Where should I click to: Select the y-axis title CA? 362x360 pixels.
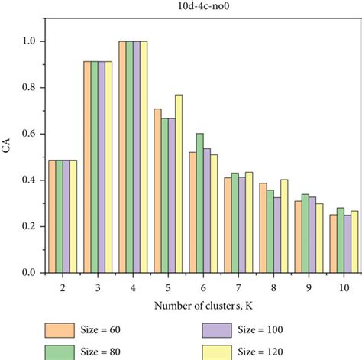coord(8,150)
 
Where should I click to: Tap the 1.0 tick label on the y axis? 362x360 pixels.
coord(28,41)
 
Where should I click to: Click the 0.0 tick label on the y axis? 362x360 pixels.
coord(28,273)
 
